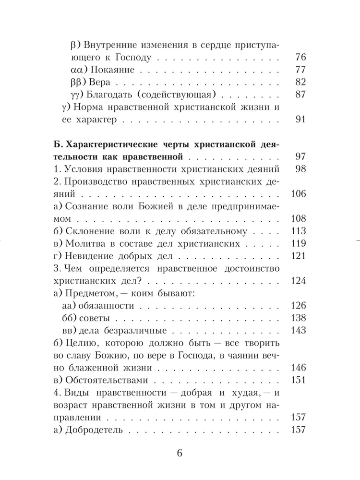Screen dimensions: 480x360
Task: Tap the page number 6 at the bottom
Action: (x=180, y=454)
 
